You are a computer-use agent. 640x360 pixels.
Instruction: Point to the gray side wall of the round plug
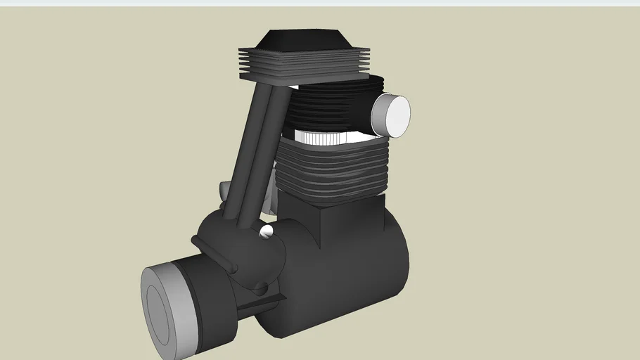pos(378,114)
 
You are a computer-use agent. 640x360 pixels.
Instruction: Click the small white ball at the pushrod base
pos(267,231)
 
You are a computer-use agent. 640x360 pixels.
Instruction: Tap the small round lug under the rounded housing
pos(260,288)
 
